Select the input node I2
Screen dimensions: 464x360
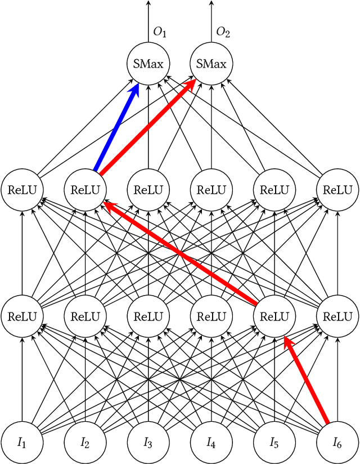pyautogui.click(x=85, y=442)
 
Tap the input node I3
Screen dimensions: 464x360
pyautogui.click(x=148, y=442)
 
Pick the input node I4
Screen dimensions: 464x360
pyautogui.click(x=211, y=442)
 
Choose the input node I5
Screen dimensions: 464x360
pyautogui.click(x=274, y=442)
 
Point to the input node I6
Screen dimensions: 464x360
pyautogui.click(x=337, y=442)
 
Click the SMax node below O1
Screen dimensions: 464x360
pyautogui.click(x=148, y=64)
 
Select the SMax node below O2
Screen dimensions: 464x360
pyautogui.click(x=211, y=64)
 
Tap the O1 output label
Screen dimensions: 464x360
pyautogui.click(x=160, y=33)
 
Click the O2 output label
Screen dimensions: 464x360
pyautogui.click(x=223, y=33)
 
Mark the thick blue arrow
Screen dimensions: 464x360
pyautogui.click(x=117, y=127)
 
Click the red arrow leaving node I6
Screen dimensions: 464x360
pyautogui.click(x=307, y=380)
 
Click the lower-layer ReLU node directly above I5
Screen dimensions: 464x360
pyautogui.click(x=274, y=316)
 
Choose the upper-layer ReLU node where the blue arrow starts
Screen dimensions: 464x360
pyautogui.click(x=85, y=190)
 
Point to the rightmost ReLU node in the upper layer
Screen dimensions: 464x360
pyautogui.click(x=337, y=190)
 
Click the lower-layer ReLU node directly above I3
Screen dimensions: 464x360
pyautogui.click(x=148, y=316)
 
